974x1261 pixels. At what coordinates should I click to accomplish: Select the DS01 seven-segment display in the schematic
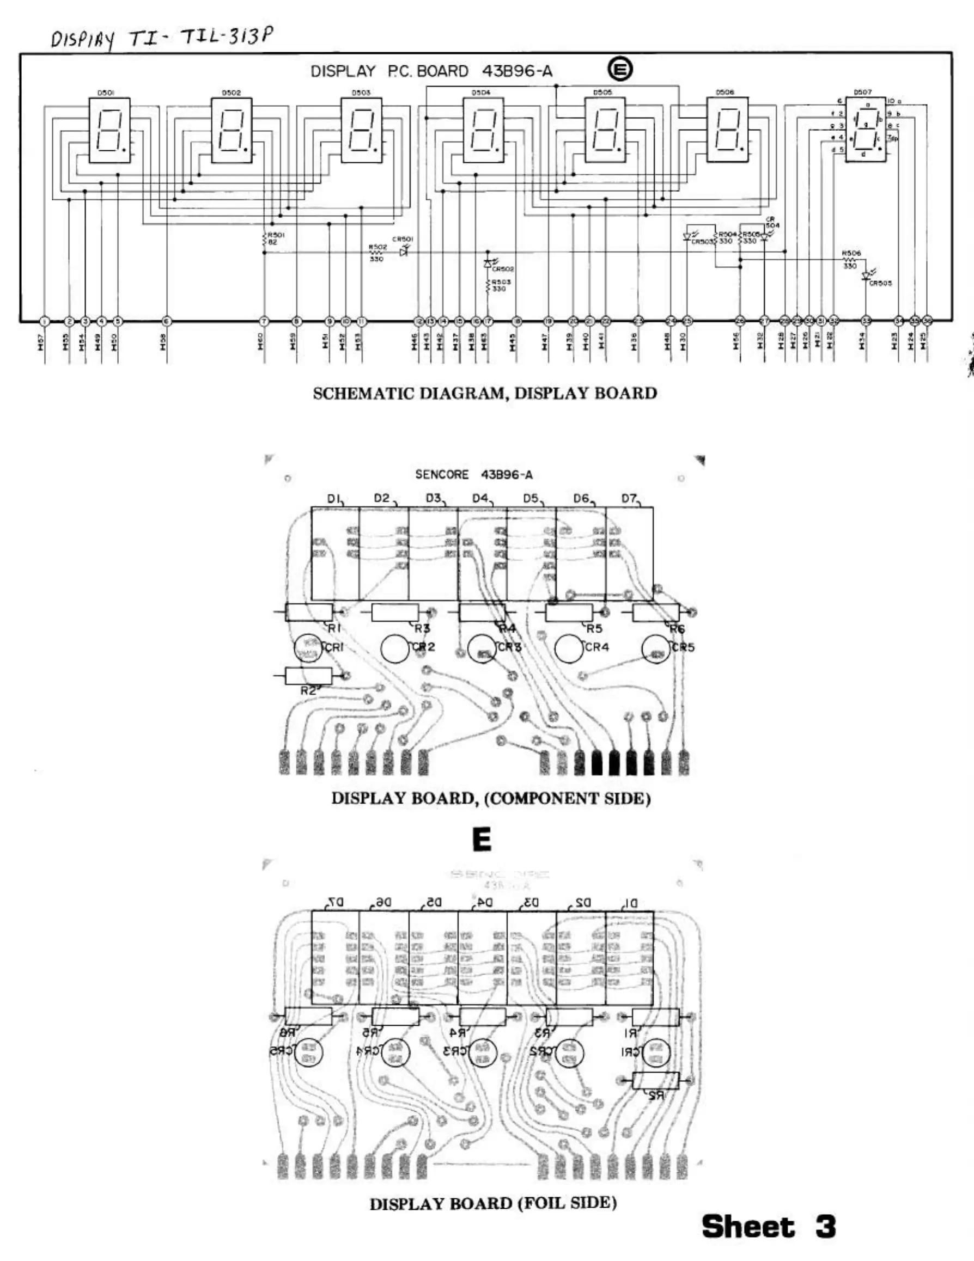pos(109,130)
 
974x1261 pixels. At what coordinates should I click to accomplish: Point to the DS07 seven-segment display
pos(865,128)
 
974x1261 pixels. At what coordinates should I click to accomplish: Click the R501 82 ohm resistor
pos(265,238)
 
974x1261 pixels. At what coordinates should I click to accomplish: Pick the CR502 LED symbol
pos(488,264)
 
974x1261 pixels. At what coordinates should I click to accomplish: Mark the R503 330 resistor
pos(488,285)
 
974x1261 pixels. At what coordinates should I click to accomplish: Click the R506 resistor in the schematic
pos(850,260)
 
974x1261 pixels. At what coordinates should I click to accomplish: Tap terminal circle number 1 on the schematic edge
pos(45,321)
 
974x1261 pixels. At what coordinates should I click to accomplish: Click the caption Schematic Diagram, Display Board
pos(485,393)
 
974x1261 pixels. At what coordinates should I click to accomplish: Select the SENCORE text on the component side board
pos(442,475)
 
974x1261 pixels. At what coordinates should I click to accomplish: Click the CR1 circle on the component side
pos(308,648)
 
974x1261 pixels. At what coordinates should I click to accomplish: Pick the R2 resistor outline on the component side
pos(308,676)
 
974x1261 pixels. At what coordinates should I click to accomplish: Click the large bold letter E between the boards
pos(482,840)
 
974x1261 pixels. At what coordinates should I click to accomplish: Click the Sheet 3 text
pos(768,1226)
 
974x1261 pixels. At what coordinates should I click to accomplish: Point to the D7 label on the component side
pos(629,498)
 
